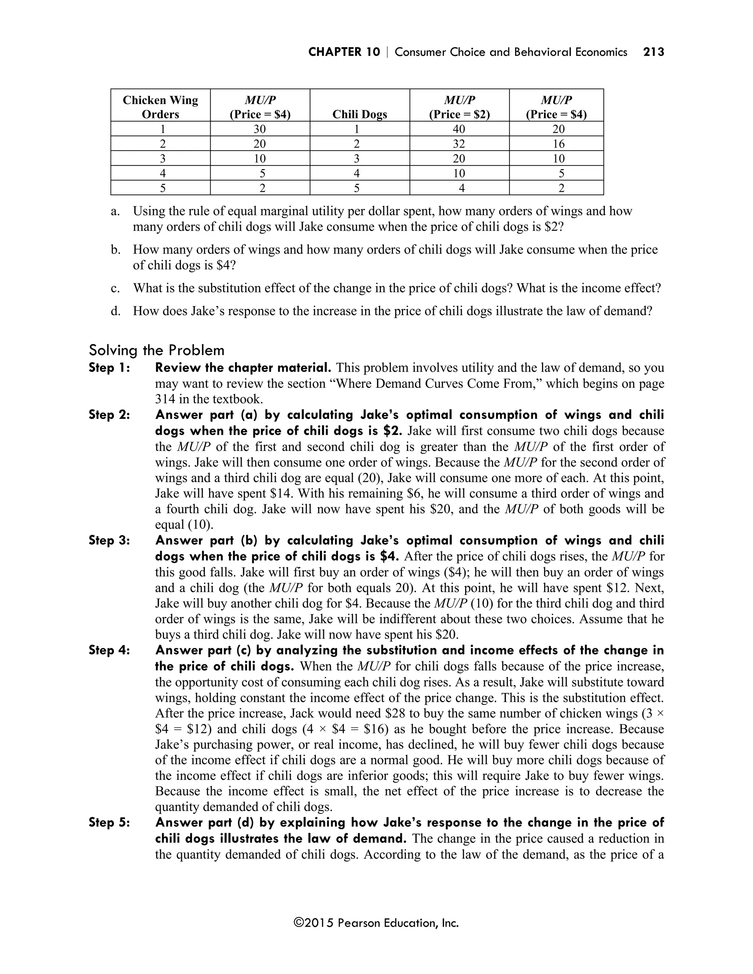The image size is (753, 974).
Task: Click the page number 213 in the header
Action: (x=653, y=52)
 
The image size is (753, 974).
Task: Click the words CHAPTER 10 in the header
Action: (x=344, y=52)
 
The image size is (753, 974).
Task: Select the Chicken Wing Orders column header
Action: (x=160, y=107)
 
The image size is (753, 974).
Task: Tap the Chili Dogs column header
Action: (x=360, y=114)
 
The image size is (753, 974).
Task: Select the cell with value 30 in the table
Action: (x=260, y=129)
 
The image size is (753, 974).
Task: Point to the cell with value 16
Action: (x=558, y=144)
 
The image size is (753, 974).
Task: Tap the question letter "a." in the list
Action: (x=115, y=211)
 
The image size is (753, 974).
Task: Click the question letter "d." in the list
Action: (x=115, y=311)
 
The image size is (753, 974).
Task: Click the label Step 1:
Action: (x=109, y=368)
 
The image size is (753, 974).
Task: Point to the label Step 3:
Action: (x=109, y=541)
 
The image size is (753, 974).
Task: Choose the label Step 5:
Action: (x=109, y=822)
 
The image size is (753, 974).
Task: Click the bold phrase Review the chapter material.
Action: (x=243, y=368)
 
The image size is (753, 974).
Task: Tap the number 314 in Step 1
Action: (x=165, y=399)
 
